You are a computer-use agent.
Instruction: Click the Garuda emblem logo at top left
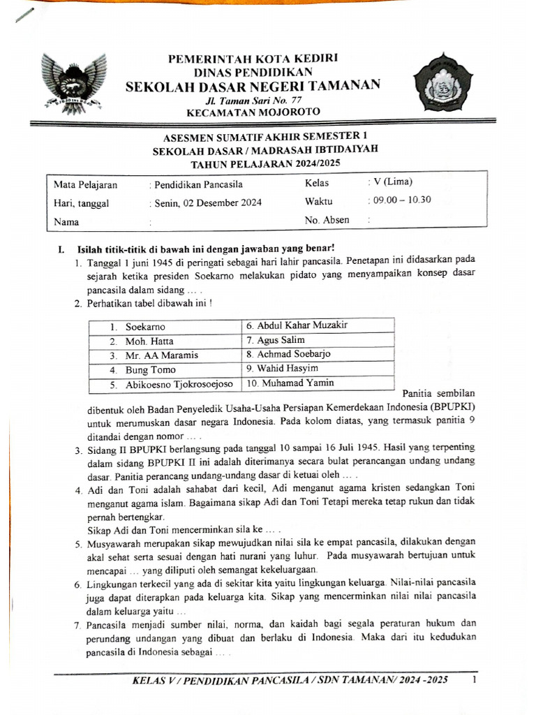(73, 81)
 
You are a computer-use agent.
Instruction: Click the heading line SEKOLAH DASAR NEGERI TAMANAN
(253, 86)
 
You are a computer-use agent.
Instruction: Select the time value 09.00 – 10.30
(402, 200)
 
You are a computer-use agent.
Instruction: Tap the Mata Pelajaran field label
(86, 186)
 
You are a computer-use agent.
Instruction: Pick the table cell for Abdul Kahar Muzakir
(318, 325)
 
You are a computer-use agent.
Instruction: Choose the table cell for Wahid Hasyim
(318, 368)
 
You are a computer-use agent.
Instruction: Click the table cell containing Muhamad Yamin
(318, 383)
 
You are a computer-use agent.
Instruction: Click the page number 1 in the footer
(475, 679)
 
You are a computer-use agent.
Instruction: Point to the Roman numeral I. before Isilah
(61, 249)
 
